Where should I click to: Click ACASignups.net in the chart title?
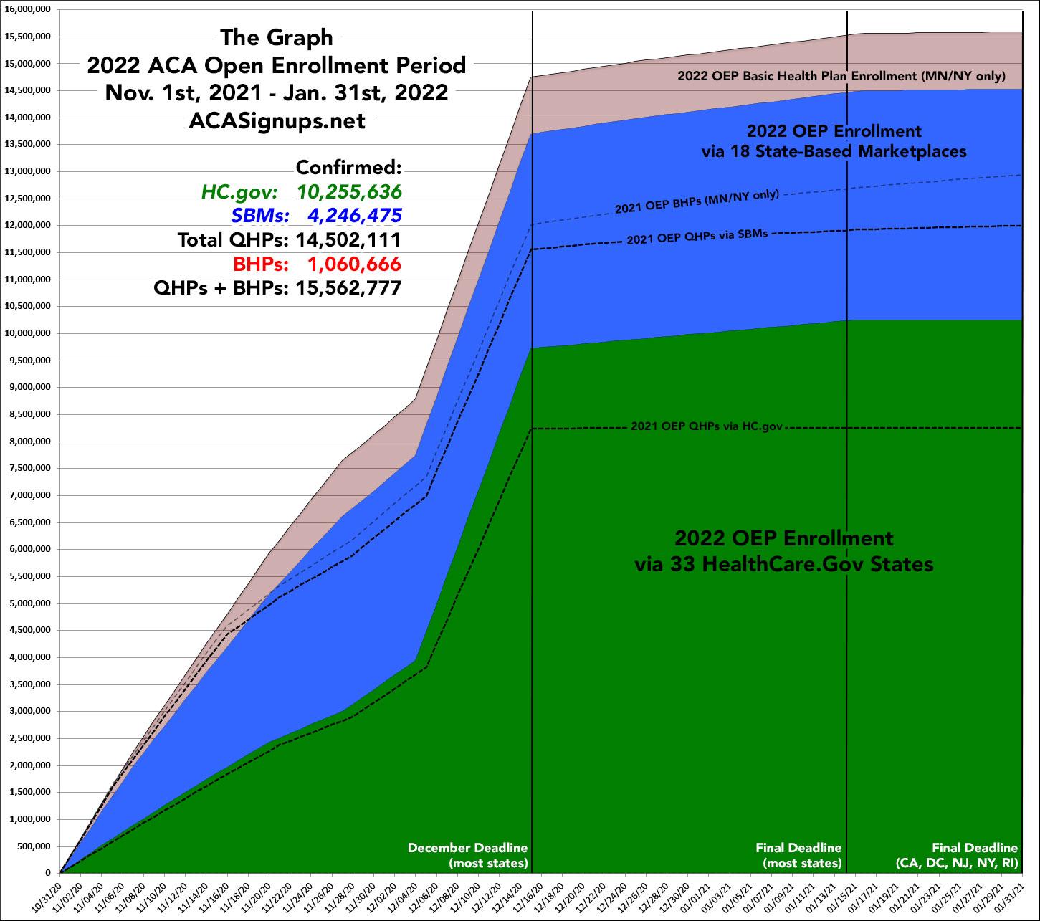point(277,121)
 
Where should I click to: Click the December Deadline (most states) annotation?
point(467,855)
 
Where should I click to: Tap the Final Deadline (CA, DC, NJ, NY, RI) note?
point(958,855)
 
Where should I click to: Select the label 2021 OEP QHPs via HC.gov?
point(706,426)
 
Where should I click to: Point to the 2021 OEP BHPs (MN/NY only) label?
point(697,202)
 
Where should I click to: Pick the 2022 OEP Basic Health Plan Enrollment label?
point(843,76)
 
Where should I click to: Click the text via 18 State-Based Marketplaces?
point(834,152)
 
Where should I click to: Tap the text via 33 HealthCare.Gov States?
point(784,565)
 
